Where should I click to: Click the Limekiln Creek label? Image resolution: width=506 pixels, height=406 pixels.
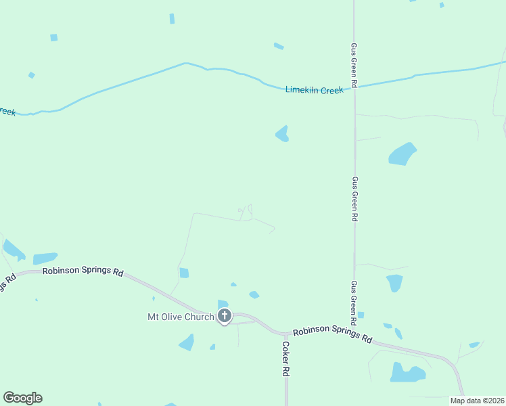[x=314, y=90]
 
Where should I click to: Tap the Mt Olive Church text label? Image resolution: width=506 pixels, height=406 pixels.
[x=181, y=317]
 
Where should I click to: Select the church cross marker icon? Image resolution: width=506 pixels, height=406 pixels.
[x=224, y=315]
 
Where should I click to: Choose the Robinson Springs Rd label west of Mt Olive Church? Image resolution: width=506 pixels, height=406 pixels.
[x=83, y=271]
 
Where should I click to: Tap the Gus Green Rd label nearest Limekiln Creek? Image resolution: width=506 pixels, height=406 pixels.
[x=354, y=65]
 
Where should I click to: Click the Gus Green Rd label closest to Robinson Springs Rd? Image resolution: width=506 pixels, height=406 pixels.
[x=354, y=302]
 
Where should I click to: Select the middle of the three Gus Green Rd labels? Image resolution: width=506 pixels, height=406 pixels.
[x=354, y=200]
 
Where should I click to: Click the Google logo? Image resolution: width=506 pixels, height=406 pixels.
[x=22, y=398]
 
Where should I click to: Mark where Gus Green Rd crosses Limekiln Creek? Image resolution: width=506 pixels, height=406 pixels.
[x=354, y=87]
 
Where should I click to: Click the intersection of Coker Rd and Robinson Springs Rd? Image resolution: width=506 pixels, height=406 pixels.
[x=286, y=334]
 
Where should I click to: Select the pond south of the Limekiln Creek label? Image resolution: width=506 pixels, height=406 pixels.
[x=282, y=134]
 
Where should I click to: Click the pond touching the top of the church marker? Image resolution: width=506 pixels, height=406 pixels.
[x=223, y=304]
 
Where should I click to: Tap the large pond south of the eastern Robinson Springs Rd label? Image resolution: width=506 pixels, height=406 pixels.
[x=407, y=373]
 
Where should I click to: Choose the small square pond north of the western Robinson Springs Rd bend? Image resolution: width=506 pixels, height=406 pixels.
[x=184, y=273]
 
